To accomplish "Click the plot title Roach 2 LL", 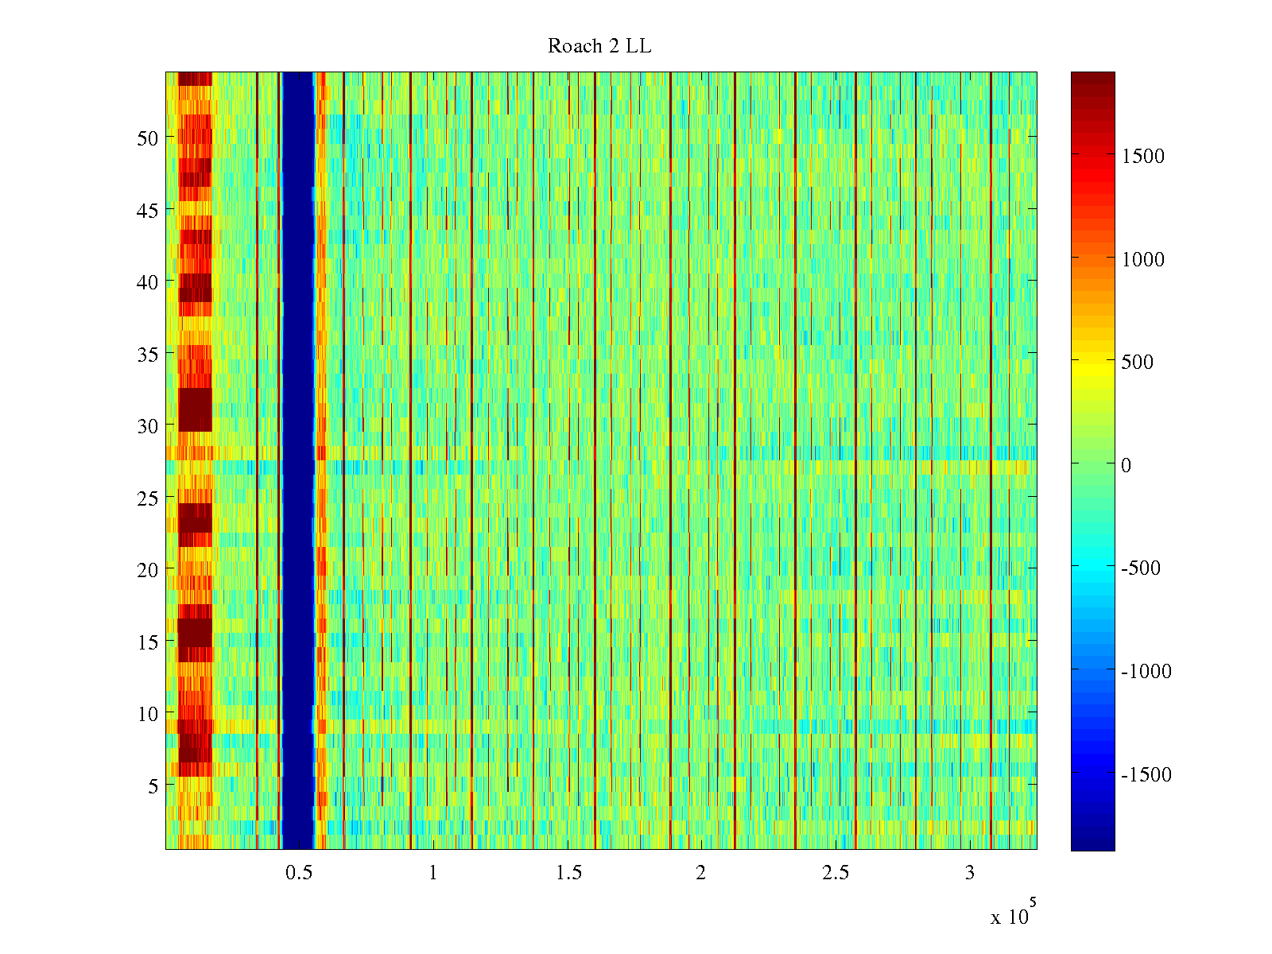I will (599, 46).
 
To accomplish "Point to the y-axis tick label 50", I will (148, 138).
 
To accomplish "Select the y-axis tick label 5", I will (153, 785).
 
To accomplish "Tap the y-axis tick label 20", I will (148, 569).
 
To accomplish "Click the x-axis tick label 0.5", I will (299, 873).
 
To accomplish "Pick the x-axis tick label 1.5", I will (568, 873).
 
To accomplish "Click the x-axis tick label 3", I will (969, 873).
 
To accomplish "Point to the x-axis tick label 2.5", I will (836, 873).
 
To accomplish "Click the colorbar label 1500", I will (1143, 156).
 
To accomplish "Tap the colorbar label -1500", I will (1146, 774).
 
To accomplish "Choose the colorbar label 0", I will (1126, 465).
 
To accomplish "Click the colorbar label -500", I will (1141, 568).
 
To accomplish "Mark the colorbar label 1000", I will (1143, 259).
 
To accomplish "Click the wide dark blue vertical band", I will (298, 461).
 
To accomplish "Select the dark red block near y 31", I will (196, 409).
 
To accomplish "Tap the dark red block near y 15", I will (195, 633).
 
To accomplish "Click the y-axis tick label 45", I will (148, 210).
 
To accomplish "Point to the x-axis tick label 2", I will (700, 873).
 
